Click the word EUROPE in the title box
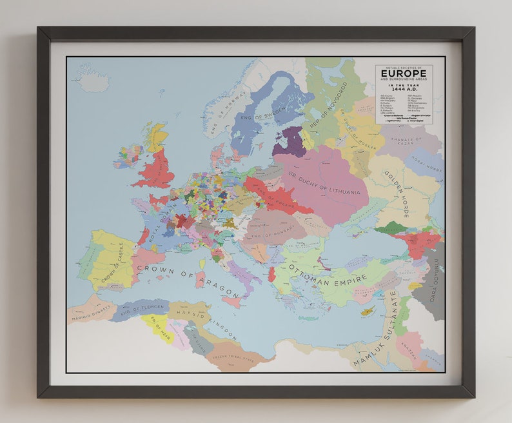[403, 74]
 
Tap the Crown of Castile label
[115, 264]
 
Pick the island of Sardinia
[200, 279]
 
